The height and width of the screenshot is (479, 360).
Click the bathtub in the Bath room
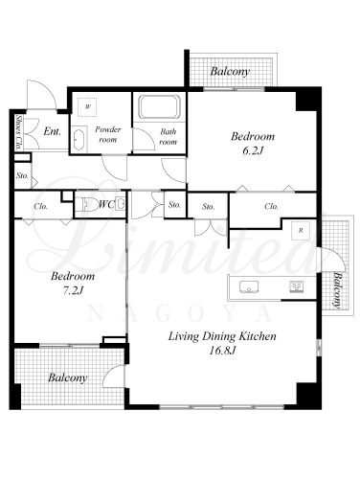[x=159, y=106]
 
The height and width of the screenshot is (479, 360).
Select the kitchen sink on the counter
[x=249, y=286]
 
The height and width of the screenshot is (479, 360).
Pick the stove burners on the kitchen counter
[x=297, y=286]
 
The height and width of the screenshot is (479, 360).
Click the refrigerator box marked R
[x=301, y=231]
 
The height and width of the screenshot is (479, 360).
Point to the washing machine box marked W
[x=87, y=107]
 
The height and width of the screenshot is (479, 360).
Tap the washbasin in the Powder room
[x=79, y=139]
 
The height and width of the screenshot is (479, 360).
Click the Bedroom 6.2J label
[x=253, y=143]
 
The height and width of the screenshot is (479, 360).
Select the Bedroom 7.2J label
[x=73, y=283]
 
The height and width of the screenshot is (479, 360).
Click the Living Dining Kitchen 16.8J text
[x=222, y=343]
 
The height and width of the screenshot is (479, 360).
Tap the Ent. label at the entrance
[x=53, y=131]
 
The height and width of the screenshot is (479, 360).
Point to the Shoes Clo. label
[x=18, y=132]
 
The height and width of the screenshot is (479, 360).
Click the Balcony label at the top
[x=230, y=71]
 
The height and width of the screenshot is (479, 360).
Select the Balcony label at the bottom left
[x=68, y=377]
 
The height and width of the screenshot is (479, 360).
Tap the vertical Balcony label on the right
[x=337, y=290]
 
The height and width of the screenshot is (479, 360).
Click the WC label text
[x=106, y=204]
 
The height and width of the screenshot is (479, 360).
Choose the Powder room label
[x=108, y=134]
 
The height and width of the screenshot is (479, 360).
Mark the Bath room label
[x=168, y=136]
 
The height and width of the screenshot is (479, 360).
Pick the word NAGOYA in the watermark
[x=180, y=313]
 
